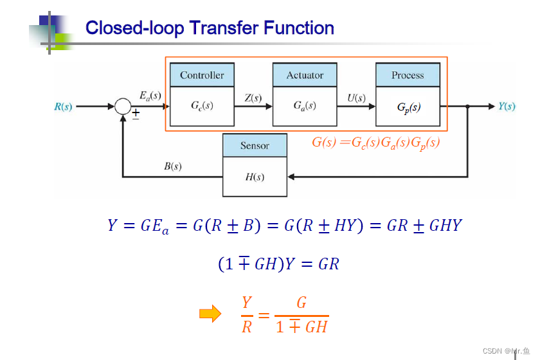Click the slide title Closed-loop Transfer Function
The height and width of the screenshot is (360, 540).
(x=210, y=28)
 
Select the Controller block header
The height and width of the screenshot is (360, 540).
(x=202, y=75)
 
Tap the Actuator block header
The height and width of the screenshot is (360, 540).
(x=305, y=75)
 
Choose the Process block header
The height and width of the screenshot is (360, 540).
(x=408, y=75)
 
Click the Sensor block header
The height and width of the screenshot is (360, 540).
(x=255, y=146)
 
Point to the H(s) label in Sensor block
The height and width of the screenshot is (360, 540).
(x=255, y=177)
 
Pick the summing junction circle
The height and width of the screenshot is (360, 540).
(x=123, y=107)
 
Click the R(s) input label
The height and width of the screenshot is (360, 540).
(x=63, y=107)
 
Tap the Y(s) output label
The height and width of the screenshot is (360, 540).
(x=507, y=106)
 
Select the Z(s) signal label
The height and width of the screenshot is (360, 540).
(x=253, y=98)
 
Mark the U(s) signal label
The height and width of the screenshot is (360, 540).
(x=356, y=98)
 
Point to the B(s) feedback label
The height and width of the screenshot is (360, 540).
(x=172, y=166)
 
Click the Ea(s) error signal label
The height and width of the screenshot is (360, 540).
(x=150, y=96)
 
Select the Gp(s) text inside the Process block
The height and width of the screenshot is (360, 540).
(x=408, y=107)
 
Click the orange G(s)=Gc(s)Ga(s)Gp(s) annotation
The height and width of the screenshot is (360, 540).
(x=375, y=143)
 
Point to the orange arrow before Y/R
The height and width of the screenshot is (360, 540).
(x=210, y=314)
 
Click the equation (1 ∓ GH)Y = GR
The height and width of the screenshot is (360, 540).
(x=278, y=264)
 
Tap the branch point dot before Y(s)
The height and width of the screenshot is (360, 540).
(x=467, y=107)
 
